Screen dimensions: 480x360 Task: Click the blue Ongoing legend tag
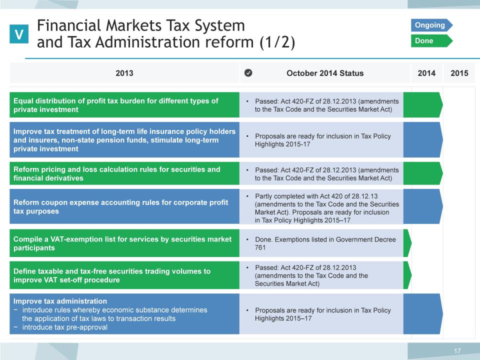(431, 25)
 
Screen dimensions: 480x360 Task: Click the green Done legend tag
(431, 40)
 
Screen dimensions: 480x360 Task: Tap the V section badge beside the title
(19, 34)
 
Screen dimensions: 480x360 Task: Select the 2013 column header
(124, 73)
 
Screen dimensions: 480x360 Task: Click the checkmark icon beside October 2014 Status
(248, 73)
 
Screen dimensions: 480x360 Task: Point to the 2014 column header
(426, 73)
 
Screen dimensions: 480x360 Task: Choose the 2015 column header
(459, 73)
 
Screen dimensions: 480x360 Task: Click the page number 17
(457, 351)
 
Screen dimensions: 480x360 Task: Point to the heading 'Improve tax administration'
(60, 301)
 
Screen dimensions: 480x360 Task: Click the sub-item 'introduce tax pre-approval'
(60, 327)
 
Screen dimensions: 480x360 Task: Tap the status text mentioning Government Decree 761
(325, 243)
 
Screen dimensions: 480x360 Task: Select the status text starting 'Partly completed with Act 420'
(326, 208)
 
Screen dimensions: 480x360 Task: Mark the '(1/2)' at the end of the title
(277, 42)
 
